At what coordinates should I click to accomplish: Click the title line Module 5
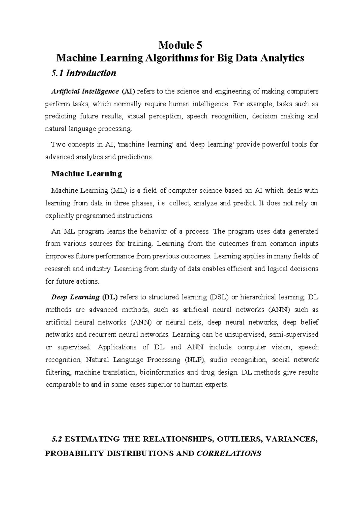(x=180, y=45)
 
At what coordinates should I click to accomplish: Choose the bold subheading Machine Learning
(x=87, y=173)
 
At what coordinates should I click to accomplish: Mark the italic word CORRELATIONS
(x=229, y=453)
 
